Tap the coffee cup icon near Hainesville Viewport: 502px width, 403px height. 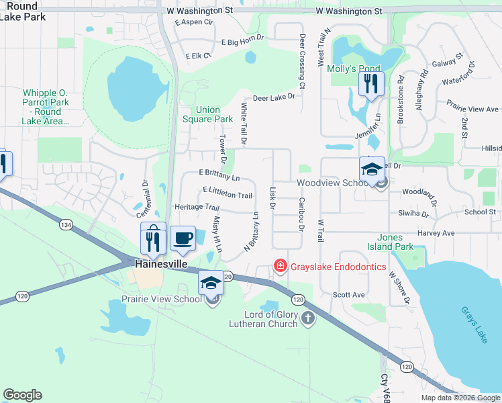coord(183,238)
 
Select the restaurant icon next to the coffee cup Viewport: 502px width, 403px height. coord(154,238)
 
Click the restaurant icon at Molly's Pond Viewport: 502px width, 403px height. coord(369,85)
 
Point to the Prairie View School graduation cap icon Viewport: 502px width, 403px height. coord(211,284)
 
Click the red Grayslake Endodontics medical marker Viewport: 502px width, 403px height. coord(279,267)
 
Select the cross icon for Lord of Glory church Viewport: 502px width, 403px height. coord(308,318)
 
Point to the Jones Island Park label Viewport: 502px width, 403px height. coord(395,242)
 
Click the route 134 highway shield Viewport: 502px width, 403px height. coord(65,223)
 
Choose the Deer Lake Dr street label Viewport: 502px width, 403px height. coord(273,97)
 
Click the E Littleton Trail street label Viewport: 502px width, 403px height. coord(227,194)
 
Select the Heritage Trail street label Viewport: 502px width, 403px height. coord(197,208)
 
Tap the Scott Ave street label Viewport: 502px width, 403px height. coord(349,295)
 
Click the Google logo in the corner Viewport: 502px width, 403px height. coord(22,395)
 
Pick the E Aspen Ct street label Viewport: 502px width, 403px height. coord(193,22)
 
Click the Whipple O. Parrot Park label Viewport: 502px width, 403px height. coord(46,107)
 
